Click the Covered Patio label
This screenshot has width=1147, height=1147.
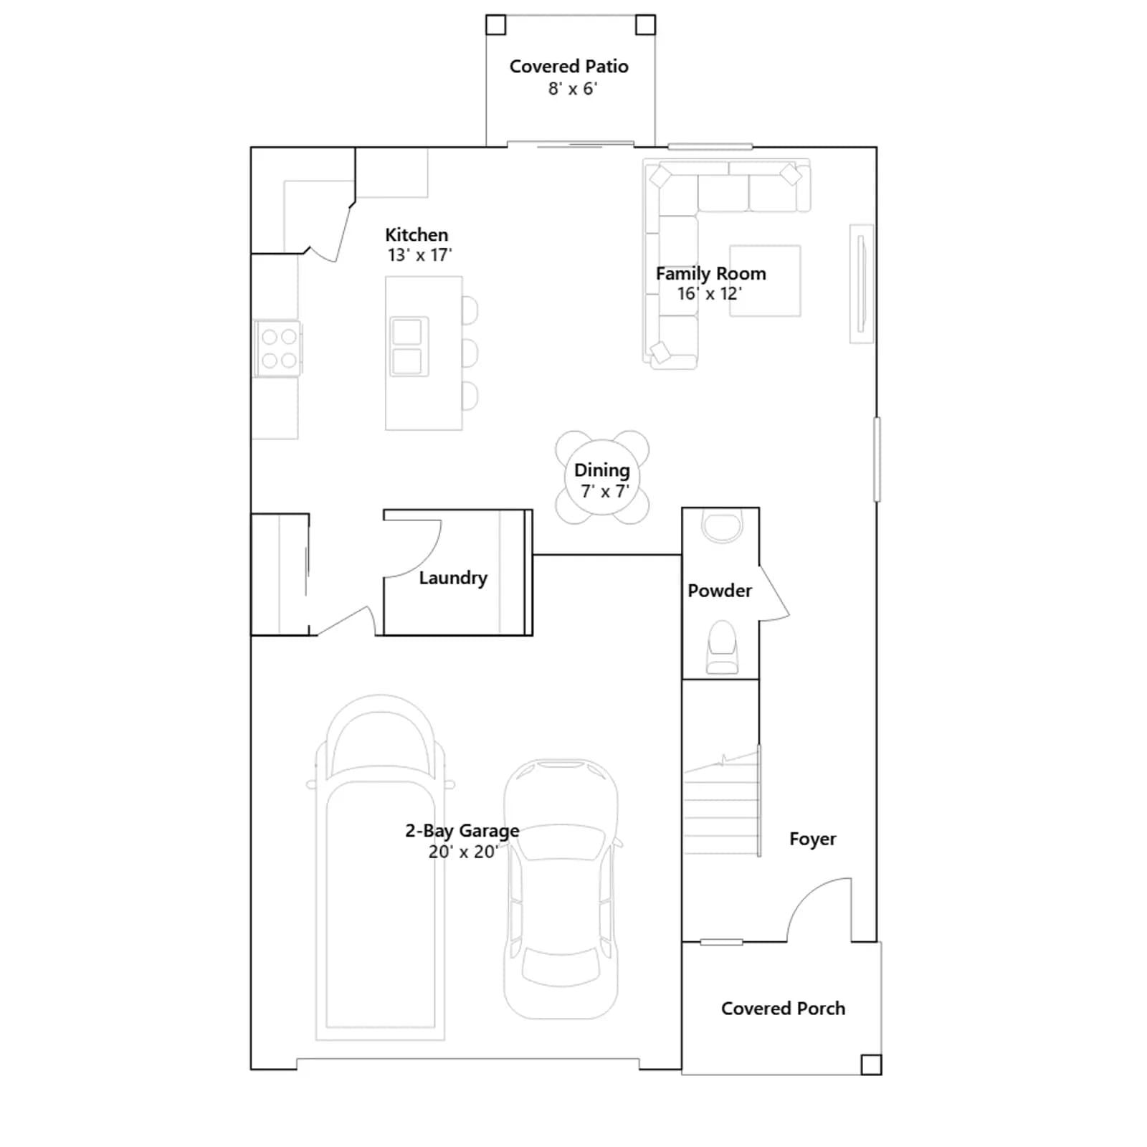click(x=568, y=67)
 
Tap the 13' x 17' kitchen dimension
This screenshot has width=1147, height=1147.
click(x=419, y=255)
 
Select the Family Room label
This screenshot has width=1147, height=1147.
click(x=710, y=274)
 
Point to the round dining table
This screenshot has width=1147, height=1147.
click(x=602, y=477)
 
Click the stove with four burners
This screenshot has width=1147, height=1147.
click(x=278, y=348)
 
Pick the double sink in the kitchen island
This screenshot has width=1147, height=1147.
click(x=409, y=347)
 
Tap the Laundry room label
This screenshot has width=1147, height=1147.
click(x=453, y=578)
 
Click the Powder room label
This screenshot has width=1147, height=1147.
click(x=720, y=591)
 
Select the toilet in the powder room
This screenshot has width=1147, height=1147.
click(x=722, y=647)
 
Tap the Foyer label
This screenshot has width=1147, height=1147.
click(x=812, y=839)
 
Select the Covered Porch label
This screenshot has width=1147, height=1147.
click(x=783, y=1009)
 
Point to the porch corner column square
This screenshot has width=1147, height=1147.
click(x=871, y=1065)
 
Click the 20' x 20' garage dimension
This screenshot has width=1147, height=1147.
click(x=463, y=852)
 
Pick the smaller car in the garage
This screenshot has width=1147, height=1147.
click(x=561, y=889)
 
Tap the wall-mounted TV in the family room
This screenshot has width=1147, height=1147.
click(x=862, y=284)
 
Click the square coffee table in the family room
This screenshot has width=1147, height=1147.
click(x=765, y=281)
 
